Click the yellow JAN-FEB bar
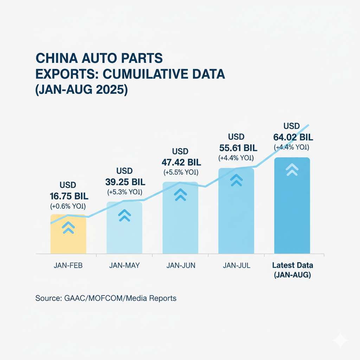[x=68, y=239]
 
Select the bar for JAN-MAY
[x=124, y=236]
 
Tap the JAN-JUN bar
[x=180, y=225]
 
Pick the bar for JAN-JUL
[x=236, y=218]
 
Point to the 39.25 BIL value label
[x=125, y=182]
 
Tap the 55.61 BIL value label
[x=236, y=147]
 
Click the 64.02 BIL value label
[x=292, y=136]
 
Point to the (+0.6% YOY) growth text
[x=68, y=206]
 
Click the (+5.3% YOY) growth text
[x=124, y=192]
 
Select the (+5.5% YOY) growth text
[x=180, y=173]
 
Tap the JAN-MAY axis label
[x=124, y=265]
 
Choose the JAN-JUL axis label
[x=236, y=265]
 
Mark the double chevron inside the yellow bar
[x=68, y=228]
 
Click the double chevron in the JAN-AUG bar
[x=292, y=170]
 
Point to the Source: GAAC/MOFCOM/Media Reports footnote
[x=106, y=298]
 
